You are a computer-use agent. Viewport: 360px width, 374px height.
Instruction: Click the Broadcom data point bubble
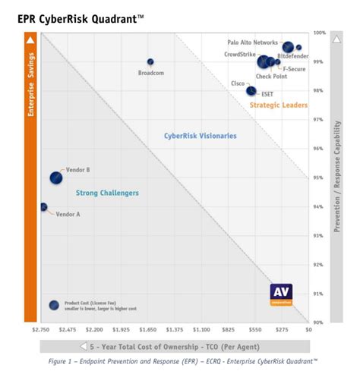(150, 61)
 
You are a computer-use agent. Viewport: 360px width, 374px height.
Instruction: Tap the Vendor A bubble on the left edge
(43, 206)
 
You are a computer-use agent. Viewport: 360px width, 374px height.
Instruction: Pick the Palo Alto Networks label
(254, 43)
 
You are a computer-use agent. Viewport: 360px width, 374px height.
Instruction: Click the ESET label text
(267, 94)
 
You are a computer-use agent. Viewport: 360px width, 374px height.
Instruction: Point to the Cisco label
(238, 83)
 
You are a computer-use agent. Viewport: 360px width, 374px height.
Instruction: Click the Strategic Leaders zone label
(278, 105)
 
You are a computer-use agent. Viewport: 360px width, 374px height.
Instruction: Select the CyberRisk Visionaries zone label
(200, 136)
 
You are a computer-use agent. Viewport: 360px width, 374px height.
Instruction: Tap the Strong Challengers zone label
(107, 193)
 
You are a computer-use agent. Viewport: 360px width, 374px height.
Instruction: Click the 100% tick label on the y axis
(319, 33)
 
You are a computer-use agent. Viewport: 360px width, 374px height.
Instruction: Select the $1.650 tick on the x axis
(147, 331)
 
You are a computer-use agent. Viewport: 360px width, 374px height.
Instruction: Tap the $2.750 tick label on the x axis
(41, 331)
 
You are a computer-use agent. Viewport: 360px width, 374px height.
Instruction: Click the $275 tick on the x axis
(282, 331)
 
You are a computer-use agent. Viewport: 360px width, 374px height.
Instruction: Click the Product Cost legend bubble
(54, 305)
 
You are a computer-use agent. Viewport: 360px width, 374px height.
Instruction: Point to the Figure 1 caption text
(179, 363)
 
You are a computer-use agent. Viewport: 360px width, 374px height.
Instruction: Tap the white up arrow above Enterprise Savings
(30, 39)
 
